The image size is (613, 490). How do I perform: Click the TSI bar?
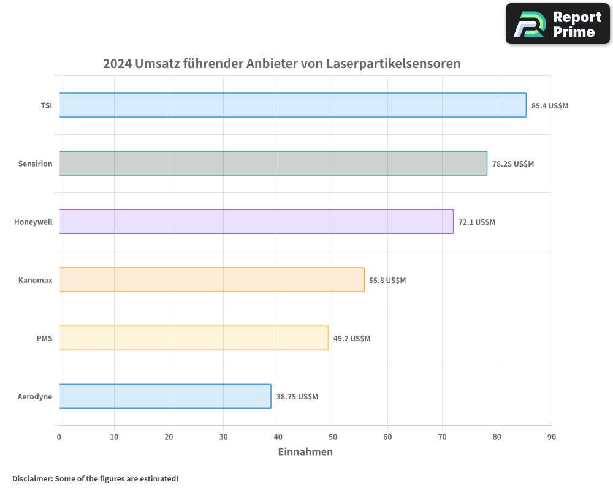[292, 105]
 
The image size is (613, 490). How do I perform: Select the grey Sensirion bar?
[273, 164]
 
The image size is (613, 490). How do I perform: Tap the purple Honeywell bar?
[256, 222]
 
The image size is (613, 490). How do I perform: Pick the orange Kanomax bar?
[211, 280]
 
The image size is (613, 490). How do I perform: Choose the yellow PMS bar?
[194, 338]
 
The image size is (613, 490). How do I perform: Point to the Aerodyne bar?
[165, 396]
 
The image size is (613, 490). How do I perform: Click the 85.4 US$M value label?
[550, 105]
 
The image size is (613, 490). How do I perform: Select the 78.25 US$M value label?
[513, 164]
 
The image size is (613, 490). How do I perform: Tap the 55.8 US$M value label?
[387, 281]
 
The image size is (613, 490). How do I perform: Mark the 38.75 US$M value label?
[297, 397]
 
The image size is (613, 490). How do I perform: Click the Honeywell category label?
[33, 222]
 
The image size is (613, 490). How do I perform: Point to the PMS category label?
[44, 338]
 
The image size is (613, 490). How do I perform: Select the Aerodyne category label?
[35, 396]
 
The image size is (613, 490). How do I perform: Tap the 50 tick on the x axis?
[333, 437]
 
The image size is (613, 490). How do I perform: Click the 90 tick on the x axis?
[552, 437]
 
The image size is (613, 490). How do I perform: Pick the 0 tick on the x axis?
[59, 437]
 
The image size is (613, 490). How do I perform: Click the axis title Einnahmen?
[305, 452]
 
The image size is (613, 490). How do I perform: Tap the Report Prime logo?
[558, 24]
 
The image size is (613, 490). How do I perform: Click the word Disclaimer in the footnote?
[32, 478]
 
